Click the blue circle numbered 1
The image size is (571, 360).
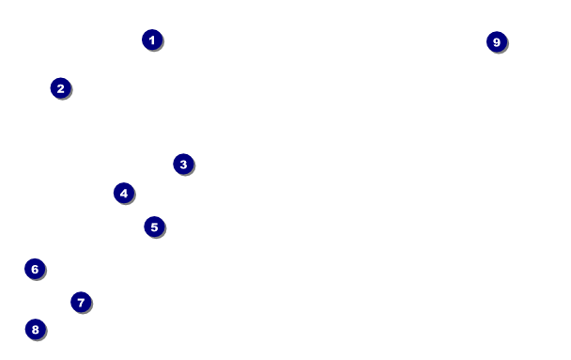[x=152, y=39]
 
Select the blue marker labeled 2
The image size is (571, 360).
[x=61, y=88]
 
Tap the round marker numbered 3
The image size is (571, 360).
[x=183, y=164]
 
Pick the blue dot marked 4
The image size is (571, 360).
[x=124, y=193]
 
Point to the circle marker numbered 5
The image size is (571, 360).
[x=154, y=227]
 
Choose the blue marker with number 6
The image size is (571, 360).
[x=35, y=269]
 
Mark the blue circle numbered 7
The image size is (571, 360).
[x=81, y=302]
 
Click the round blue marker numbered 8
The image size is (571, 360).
[x=36, y=329]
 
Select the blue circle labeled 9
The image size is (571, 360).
[x=497, y=42]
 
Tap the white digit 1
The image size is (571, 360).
[x=152, y=39]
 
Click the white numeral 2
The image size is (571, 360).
[x=61, y=88]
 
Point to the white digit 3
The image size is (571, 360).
[x=183, y=164]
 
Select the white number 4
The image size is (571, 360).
[x=124, y=193]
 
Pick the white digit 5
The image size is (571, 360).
[x=154, y=227]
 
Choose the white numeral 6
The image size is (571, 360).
[x=35, y=269]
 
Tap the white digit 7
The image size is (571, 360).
[x=81, y=302]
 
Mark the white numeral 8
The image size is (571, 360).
[x=36, y=329]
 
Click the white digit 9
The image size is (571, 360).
[x=497, y=42]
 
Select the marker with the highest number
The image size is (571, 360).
[x=497, y=42]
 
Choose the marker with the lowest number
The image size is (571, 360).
[x=152, y=39]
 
